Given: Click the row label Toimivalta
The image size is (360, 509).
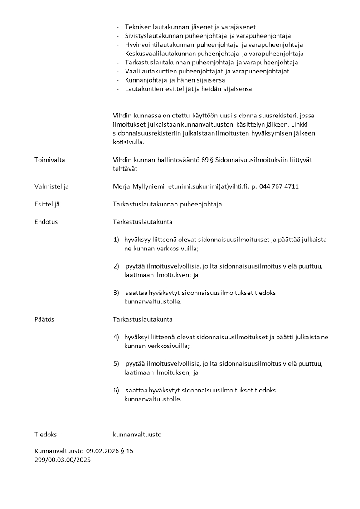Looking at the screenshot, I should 49,160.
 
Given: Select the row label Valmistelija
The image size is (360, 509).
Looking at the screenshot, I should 52,186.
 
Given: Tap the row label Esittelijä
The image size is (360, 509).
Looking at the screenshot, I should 47,205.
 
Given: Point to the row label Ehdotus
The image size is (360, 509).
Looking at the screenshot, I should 46,222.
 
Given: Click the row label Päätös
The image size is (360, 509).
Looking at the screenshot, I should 44,320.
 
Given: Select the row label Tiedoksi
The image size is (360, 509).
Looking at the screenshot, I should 47,435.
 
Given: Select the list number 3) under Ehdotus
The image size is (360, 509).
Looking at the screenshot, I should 116,293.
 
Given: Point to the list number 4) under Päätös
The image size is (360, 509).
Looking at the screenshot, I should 116,338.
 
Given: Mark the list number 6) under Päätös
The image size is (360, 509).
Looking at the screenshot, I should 116,391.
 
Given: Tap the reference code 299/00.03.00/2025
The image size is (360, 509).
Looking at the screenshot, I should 63,460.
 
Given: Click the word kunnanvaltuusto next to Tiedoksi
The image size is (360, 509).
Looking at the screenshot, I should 137,435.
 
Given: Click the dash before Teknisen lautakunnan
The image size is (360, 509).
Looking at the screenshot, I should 118,27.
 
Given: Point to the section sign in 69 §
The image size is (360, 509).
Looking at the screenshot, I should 212,160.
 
